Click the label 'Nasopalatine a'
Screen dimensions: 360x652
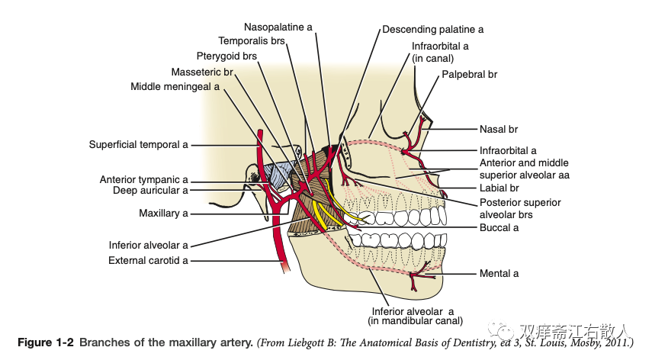(278, 27)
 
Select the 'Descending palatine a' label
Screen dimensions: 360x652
(432, 29)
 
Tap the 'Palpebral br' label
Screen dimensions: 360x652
(469, 75)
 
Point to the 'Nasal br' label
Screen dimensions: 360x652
(499, 130)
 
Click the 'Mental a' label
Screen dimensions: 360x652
(499, 273)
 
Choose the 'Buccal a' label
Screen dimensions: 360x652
(499, 227)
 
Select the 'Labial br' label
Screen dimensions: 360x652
(499, 188)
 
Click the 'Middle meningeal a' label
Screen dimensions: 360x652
(175, 87)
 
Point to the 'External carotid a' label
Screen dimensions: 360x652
(148, 260)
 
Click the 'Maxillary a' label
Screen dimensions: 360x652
(163, 214)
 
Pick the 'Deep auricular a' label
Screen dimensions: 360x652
(149, 190)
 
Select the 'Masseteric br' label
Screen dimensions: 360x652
(201, 72)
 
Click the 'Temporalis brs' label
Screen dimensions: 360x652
(251, 40)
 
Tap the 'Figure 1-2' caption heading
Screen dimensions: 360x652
(46, 343)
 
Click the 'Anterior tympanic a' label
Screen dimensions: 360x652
(143, 180)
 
